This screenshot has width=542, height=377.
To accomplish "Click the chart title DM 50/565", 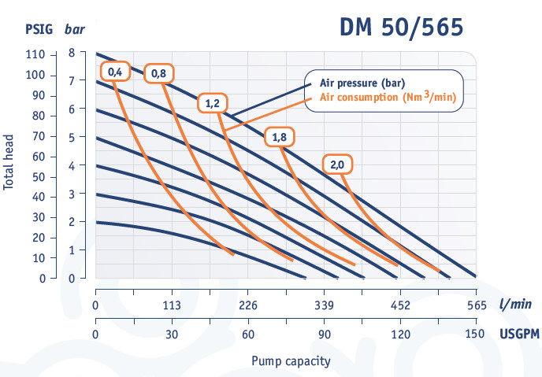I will click(402, 28).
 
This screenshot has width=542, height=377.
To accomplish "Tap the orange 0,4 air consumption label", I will click(115, 72).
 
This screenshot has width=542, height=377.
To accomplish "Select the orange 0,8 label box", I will click(159, 73).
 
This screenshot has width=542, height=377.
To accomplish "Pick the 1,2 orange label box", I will click(212, 105).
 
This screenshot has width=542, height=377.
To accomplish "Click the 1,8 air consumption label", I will click(279, 137).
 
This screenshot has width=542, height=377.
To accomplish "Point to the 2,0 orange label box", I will click(337, 165).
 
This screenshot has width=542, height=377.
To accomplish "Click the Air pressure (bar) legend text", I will click(362, 83).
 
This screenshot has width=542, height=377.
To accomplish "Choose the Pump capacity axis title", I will click(291, 361).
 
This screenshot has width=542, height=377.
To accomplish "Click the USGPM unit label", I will click(520, 334).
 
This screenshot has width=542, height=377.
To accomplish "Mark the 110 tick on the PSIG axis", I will click(35, 54).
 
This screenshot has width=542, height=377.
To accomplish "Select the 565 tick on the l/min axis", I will click(476, 306).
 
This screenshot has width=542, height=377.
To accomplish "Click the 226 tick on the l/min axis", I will click(248, 306).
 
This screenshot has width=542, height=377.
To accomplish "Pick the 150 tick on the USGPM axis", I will click(476, 334).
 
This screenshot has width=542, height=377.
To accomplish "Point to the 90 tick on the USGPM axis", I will click(324, 334).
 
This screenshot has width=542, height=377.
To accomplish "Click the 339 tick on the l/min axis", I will click(324, 306).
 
